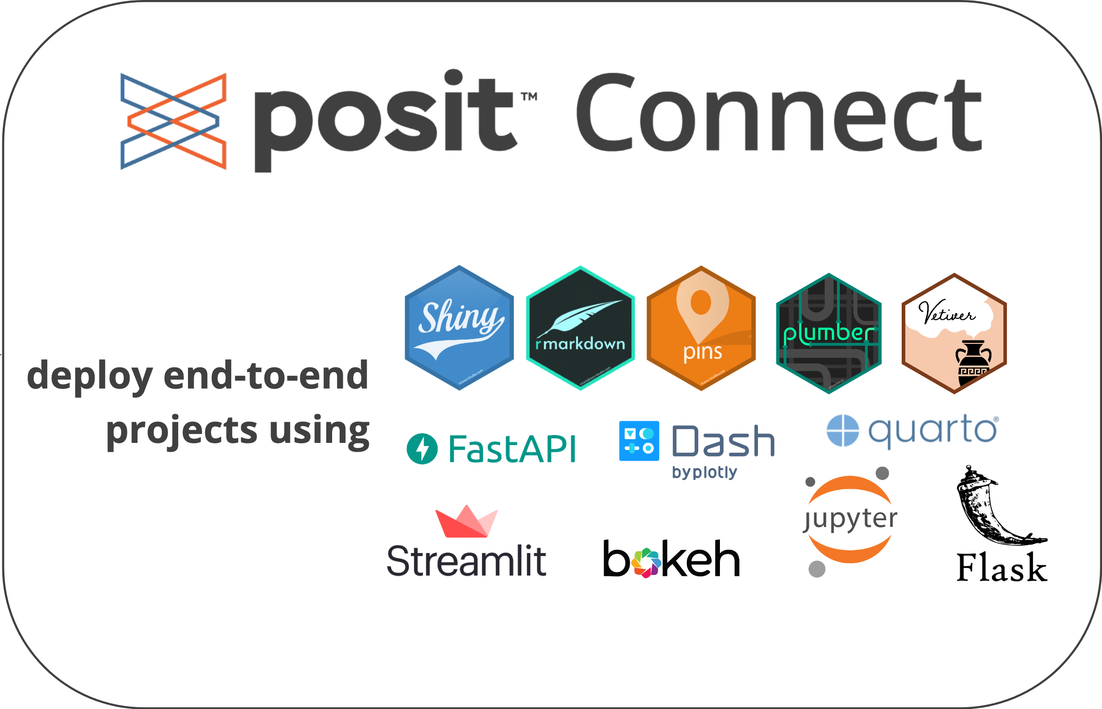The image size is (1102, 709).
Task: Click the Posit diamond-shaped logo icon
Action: pos(173,121)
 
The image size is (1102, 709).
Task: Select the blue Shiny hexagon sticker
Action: pos(459,328)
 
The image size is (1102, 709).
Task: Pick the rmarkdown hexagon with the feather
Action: pos(580,328)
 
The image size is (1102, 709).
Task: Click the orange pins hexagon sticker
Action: pos(701,328)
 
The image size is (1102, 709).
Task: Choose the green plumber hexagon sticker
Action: pos(828,333)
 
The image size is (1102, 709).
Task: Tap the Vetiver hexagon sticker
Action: pos(954,333)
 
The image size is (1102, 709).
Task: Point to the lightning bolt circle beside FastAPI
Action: pos(422,449)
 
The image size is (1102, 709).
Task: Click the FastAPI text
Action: pos(512,449)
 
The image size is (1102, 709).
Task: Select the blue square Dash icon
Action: pos(639,441)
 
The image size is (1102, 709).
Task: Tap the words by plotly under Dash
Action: pos(704,473)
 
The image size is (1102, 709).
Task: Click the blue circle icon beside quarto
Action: pos(842,431)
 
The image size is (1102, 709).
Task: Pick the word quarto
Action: pos(933,431)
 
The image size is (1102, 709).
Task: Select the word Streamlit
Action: pos(466,561)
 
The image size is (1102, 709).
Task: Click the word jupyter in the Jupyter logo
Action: pos(850,519)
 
